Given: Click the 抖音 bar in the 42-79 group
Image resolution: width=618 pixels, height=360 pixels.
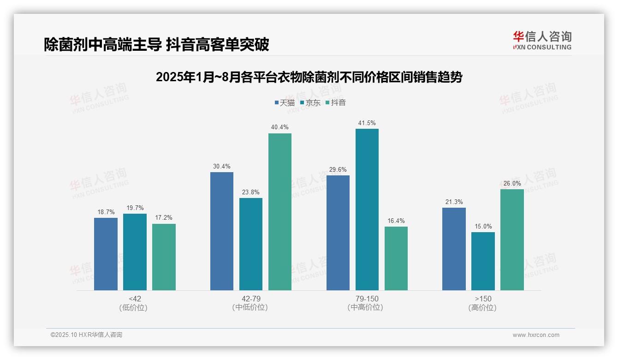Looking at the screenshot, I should (280, 212).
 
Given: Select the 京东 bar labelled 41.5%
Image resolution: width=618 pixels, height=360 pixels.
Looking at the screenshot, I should (367, 210).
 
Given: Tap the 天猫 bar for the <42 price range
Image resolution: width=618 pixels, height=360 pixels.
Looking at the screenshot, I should (106, 254).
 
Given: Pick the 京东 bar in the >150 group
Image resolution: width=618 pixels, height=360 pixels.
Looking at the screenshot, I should (483, 261).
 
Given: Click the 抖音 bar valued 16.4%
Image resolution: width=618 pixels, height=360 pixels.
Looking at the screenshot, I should (396, 258).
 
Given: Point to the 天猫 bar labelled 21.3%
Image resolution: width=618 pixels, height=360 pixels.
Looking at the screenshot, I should (454, 249).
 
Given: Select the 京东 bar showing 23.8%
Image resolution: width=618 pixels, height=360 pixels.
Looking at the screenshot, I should (251, 244).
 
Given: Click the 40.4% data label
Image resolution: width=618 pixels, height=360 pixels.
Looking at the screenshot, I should (280, 127).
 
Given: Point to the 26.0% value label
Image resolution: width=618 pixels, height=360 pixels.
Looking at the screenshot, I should (512, 183).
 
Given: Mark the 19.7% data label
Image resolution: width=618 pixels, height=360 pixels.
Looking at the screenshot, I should (135, 208).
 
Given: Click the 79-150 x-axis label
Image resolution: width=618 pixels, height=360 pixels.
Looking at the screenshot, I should (367, 299).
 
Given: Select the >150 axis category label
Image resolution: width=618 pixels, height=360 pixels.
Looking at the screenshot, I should (483, 299).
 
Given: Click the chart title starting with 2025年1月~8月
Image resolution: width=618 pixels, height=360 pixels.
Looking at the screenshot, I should (309, 77).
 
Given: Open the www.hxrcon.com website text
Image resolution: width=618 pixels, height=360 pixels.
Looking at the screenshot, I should (536, 335).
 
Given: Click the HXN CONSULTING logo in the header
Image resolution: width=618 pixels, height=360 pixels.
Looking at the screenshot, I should (542, 41).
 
